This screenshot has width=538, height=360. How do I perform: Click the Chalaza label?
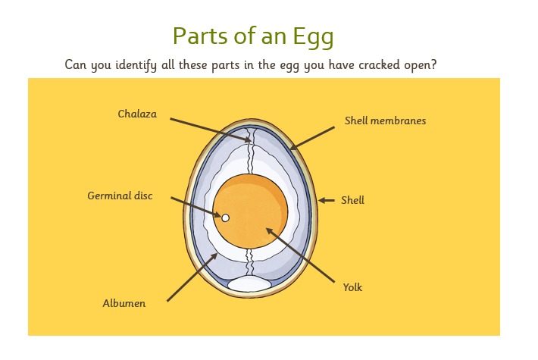[x=137, y=114]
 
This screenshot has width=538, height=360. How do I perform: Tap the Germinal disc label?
[x=120, y=196]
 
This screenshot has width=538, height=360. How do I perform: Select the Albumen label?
[x=124, y=303]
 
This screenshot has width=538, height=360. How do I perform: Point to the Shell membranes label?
[x=385, y=121]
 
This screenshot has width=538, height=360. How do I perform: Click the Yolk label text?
[x=352, y=287]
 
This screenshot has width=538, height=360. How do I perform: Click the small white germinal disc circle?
[x=225, y=218]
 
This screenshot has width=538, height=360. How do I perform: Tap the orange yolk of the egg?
[x=250, y=211]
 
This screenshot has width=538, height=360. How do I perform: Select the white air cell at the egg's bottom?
[x=249, y=283]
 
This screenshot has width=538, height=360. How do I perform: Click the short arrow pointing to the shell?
[x=327, y=200]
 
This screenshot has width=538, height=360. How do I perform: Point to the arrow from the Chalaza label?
[x=211, y=130]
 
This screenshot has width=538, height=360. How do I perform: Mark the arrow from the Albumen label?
[x=192, y=277]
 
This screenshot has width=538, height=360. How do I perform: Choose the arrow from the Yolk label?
[x=300, y=255]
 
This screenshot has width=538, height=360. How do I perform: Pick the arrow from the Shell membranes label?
[x=312, y=138]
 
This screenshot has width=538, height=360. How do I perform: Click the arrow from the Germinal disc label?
[x=196, y=207]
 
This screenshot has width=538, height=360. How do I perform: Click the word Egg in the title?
[x=313, y=36]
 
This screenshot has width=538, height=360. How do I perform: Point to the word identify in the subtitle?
[x=136, y=65]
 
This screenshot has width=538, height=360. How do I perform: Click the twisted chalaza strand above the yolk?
[x=251, y=151]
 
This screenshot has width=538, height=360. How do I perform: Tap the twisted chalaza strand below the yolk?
[x=250, y=262]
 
